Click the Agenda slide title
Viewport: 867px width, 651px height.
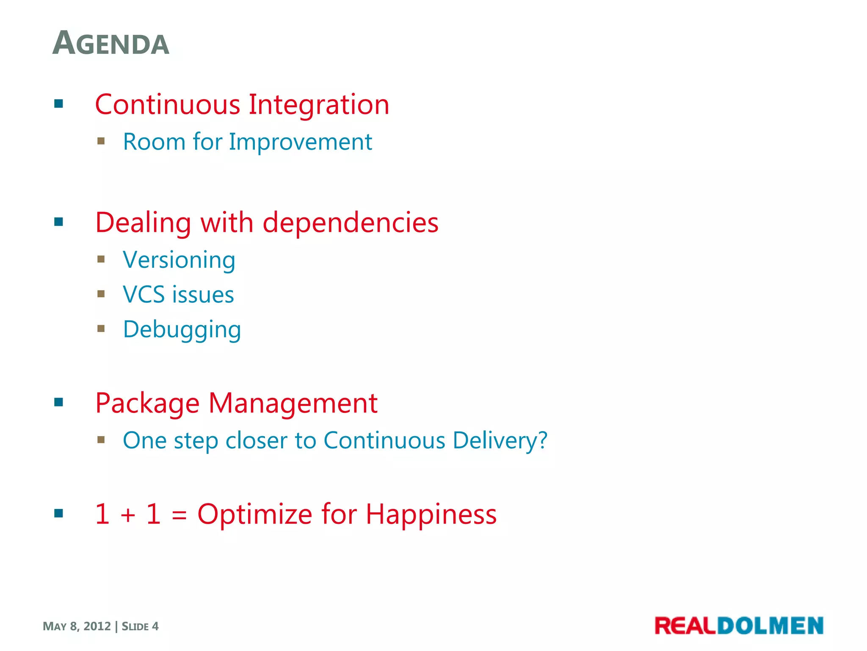point(111,44)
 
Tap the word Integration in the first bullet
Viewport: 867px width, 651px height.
point(318,105)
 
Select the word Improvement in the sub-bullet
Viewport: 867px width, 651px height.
point(301,142)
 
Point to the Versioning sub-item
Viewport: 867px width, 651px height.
point(179,260)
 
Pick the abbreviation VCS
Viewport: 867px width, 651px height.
point(144,295)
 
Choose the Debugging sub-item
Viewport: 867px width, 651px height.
point(182,330)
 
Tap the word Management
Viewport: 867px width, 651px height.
point(293,403)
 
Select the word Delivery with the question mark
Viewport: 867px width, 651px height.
point(500,440)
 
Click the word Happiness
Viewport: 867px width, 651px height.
point(431,514)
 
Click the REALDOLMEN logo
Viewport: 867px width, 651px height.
point(739,626)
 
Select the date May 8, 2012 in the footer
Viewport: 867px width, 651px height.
point(77,626)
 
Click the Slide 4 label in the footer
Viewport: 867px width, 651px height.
point(140,626)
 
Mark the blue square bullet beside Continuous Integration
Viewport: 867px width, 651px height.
point(59,104)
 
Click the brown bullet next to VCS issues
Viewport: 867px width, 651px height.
point(101,294)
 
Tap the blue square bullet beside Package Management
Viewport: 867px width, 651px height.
point(59,402)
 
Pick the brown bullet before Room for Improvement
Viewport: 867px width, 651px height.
point(101,141)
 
